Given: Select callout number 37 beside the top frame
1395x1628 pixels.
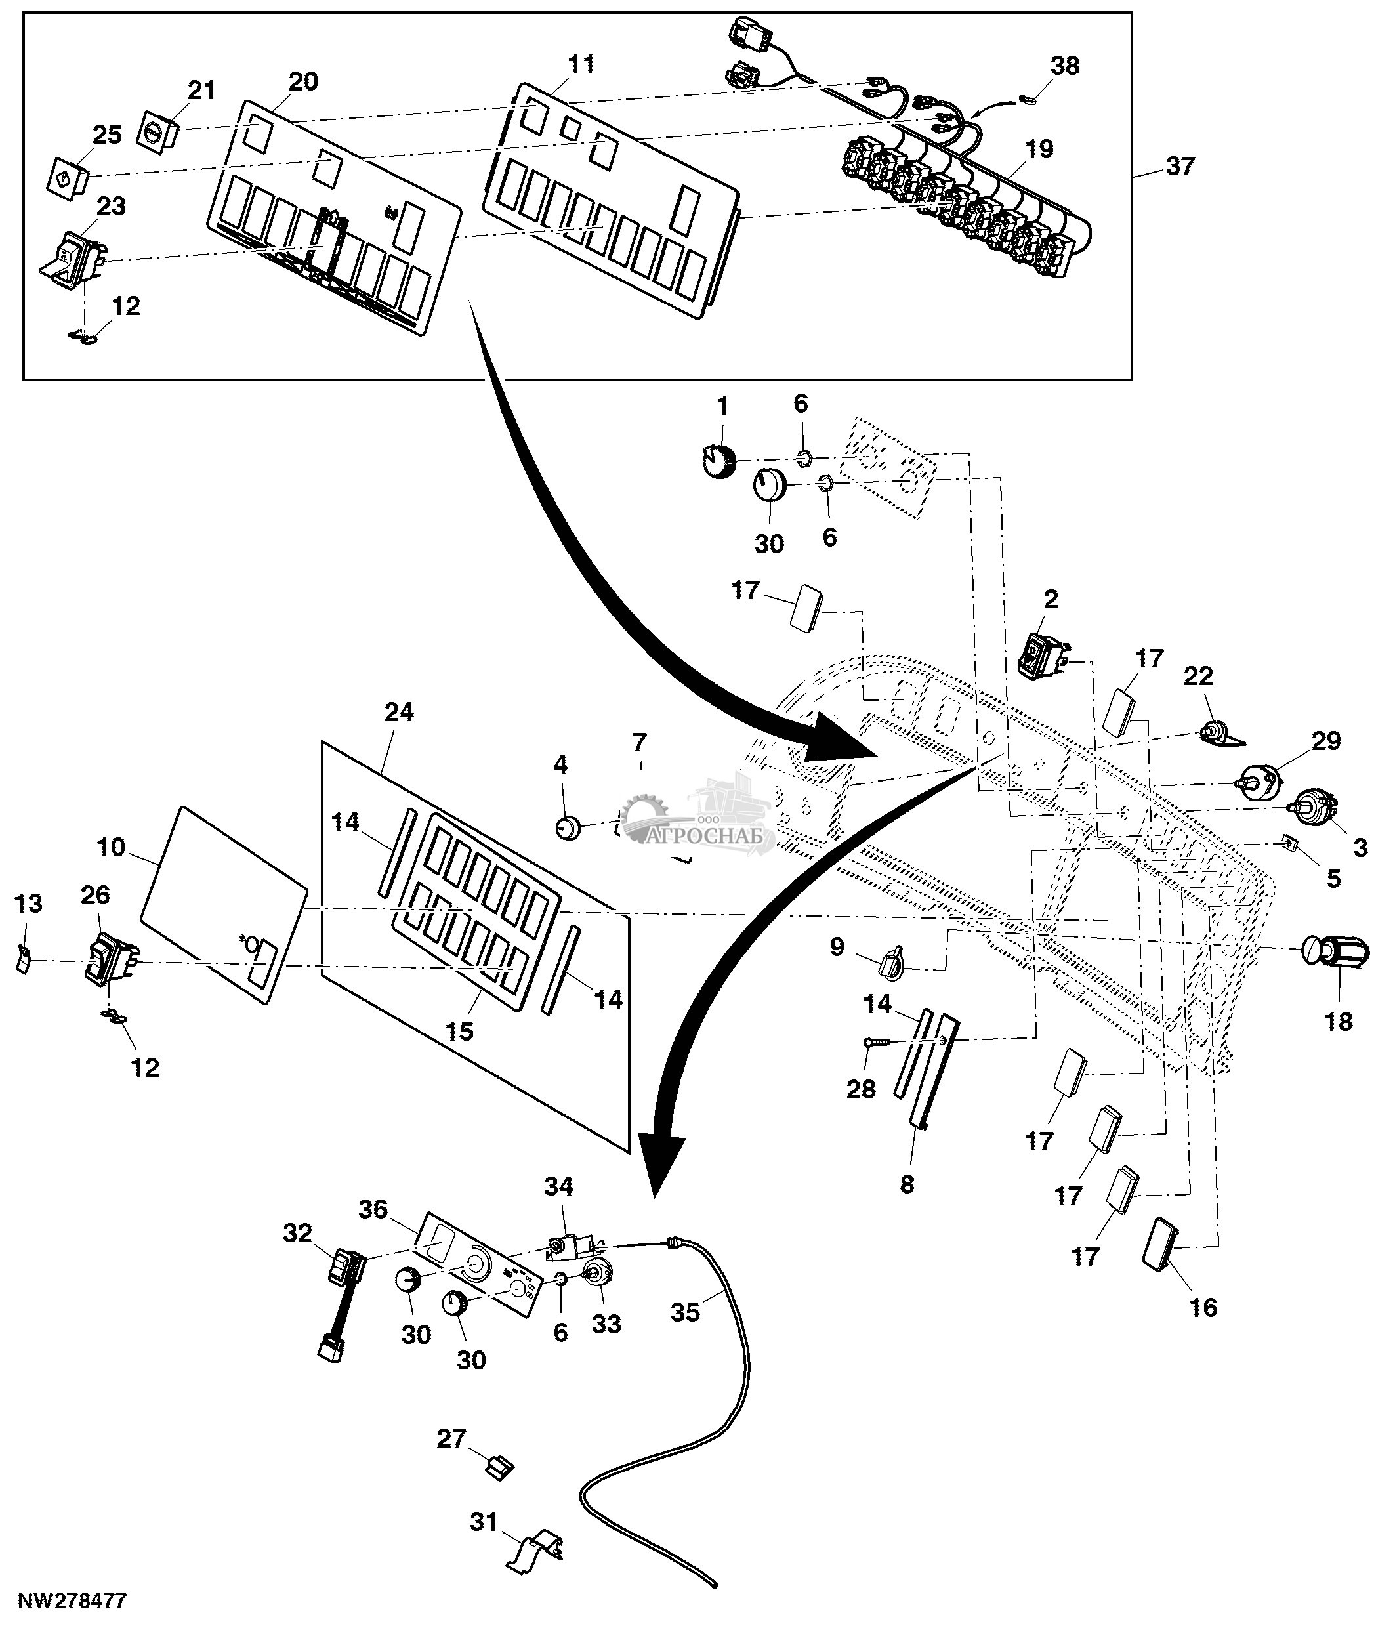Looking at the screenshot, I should pos(1180,167).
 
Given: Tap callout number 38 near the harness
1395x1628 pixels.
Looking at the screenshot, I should pos(1065,66).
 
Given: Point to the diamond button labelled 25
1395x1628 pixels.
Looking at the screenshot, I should pos(66,178).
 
